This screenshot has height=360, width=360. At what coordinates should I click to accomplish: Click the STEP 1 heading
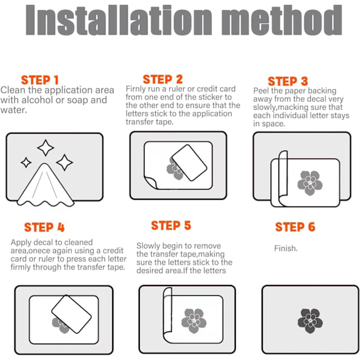point(40,80)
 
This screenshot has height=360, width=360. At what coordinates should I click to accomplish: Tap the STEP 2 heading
point(163,79)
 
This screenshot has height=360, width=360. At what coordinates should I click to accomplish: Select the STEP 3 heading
point(288,81)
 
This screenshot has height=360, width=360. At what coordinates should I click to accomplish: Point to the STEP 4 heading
point(44,227)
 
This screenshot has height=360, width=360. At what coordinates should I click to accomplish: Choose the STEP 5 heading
point(171,226)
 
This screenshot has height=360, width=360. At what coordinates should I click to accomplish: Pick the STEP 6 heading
point(295,227)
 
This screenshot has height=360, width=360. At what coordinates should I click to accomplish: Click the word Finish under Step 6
point(286,248)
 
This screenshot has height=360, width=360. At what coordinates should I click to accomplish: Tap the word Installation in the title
point(119,20)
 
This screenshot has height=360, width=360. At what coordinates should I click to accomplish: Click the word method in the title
point(282,20)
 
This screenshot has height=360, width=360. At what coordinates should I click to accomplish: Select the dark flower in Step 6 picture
point(310,321)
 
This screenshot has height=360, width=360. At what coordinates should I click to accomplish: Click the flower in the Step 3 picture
point(310,183)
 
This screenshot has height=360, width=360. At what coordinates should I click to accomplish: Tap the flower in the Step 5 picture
point(194,321)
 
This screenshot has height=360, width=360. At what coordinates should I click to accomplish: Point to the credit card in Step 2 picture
point(190,163)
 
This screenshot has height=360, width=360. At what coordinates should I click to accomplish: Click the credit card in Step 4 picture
point(71,314)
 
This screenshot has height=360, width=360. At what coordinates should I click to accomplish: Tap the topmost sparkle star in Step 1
point(46,148)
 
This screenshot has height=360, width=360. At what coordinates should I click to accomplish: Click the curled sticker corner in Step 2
point(151,182)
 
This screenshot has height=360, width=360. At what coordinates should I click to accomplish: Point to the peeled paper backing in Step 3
point(283,178)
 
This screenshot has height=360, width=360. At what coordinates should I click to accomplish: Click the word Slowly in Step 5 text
point(148,246)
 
